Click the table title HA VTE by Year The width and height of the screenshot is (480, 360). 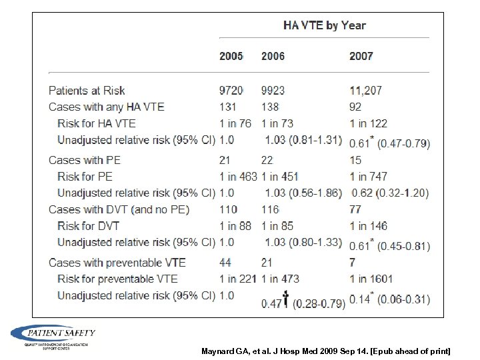tap(325, 26)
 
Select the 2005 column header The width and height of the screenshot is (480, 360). tap(231, 56)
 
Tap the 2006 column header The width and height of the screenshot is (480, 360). tap(273, 56)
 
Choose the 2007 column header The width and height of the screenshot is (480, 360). tap(361, 56)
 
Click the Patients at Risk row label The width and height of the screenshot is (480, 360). tap(87, 91)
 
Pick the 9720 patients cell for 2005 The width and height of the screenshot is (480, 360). tap(232, 91)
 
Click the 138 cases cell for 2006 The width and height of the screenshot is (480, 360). tap(271, 107)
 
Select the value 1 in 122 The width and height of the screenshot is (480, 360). tap(368, 123)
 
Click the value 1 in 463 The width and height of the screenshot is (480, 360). tap(238, 177)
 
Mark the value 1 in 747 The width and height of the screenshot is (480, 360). tap(368, 177)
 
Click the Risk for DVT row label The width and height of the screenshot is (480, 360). tap(89, 226)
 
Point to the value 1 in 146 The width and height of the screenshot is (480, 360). tap(368, 226)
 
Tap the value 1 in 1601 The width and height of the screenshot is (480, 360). tap(371, 279)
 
